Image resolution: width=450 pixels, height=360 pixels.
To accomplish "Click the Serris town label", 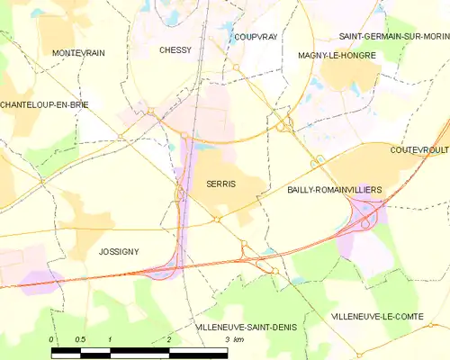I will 220,184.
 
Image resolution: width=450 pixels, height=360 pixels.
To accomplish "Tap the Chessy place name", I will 175,50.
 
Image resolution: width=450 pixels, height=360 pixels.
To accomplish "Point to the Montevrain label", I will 78,53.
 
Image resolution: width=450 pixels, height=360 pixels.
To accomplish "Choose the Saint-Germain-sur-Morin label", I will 393,36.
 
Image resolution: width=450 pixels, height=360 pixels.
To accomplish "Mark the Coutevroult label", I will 419,150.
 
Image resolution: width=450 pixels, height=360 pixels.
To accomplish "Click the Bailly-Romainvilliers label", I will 334,191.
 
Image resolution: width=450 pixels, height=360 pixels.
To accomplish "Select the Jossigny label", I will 119,252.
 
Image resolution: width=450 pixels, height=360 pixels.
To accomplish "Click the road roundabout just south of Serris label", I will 217,219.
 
